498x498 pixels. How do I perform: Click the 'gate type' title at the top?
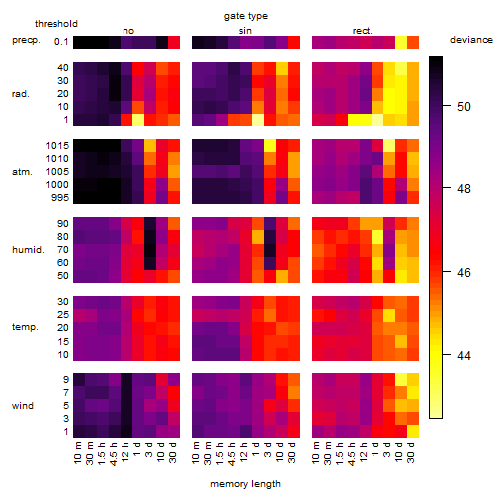pyautogui.click(x=246, y=16)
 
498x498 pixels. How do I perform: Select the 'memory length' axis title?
pyautogui.click(x=245, y=484)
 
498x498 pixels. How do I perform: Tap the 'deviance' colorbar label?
pyautogui.click(x=471, y=40)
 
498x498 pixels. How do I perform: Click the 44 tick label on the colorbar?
pyautogui.click(x=464, y=356)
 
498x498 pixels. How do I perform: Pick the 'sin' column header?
pyautogui.click(x=245, y=31)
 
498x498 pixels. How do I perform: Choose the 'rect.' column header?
pyautogui.click(x=362, y=31)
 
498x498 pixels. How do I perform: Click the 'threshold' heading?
pyautogui.click(x=56, y=24)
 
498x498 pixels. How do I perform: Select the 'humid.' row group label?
pyautogui.click(x=28, y=250)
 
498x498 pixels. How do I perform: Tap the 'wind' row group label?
pyautogui.click(x=23, y=406)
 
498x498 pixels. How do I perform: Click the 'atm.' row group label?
pyautogui.click(x=22, y=172)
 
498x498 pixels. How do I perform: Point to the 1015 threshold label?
pyautogui.click(x=57, y=146)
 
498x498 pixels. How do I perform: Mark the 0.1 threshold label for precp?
pyautogui.click(x=61, y=42)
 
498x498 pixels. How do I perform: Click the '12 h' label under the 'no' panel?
pyautogui.click(x=125, y=451)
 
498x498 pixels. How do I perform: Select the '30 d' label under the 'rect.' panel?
pyautogui.click(x=411, y=452)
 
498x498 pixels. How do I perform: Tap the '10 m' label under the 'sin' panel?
pyautogui.click(x=196, y=452)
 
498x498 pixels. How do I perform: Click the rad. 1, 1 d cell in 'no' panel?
pyautogui.click(x=138, y=120)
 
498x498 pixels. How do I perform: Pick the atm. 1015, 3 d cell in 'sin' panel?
pyautogui.click(x=270, y=146)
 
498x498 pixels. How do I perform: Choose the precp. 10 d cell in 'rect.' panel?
pyautogui.click(x=401, y=42)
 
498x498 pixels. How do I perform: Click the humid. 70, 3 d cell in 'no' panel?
pyautogui.click(x=150, y=250)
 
